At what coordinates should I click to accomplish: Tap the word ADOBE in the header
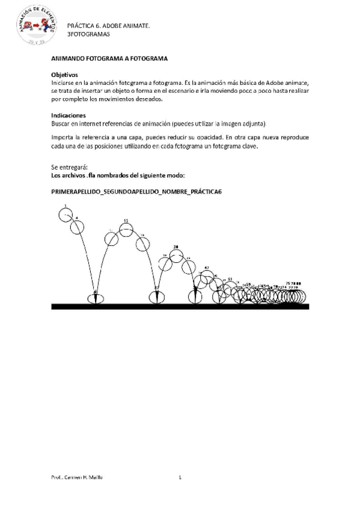114,26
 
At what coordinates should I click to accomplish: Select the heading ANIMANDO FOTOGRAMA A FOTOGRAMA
109,58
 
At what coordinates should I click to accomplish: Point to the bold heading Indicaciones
69,115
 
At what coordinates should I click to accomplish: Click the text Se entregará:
70,167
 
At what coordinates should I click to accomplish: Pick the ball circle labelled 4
77,227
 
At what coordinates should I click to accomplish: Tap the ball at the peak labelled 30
175,256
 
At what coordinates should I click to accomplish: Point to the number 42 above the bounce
207,268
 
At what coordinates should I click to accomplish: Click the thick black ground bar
180,306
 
